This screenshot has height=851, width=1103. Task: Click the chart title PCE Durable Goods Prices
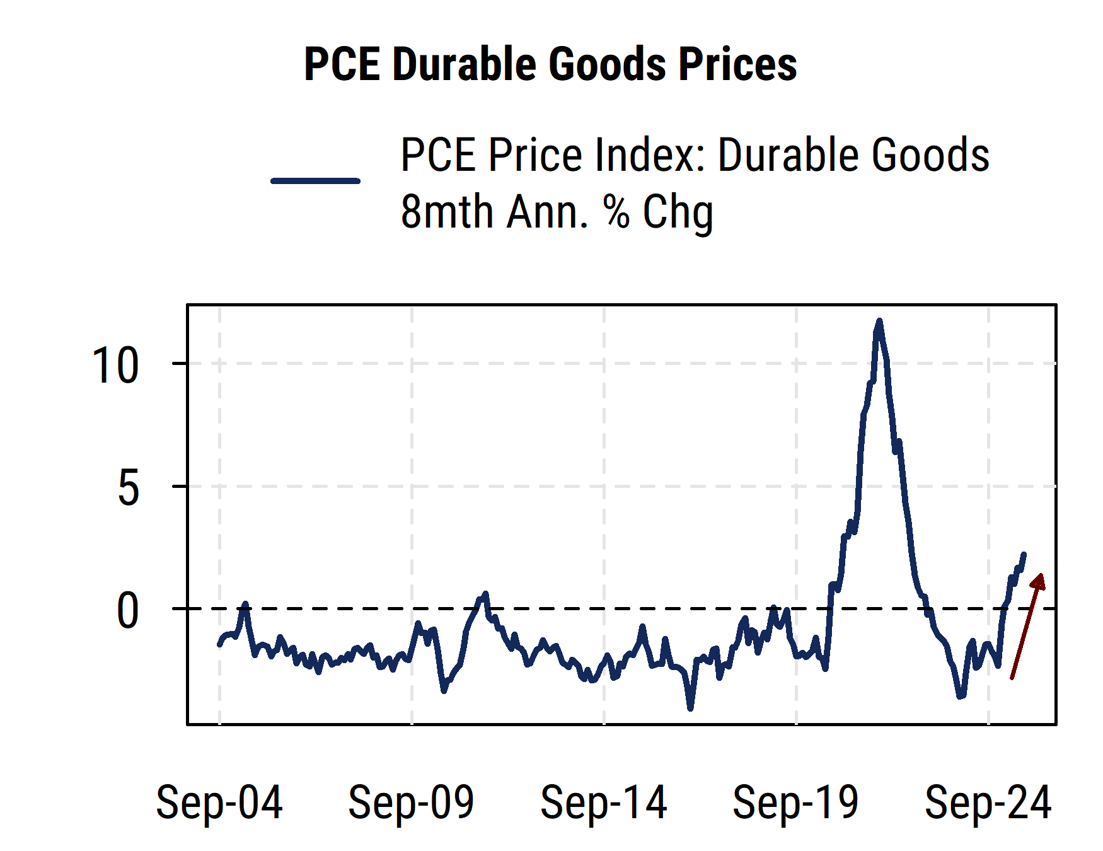point(550,64)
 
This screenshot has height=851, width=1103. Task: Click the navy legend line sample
point(315,181)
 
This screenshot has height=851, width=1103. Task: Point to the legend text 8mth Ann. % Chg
point(557,212)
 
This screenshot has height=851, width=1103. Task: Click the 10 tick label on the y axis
point(115,366)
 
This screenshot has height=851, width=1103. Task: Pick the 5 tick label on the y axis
point(128,488)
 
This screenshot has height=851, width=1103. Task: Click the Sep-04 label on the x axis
point(219,802)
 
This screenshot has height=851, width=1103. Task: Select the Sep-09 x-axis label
point(412,802)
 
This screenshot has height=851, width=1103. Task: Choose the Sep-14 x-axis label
point(604,802)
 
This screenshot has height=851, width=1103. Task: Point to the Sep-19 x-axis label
point(796,802)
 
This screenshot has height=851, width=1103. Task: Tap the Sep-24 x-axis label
point(988,802)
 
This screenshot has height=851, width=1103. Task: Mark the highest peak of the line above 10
point(879,321)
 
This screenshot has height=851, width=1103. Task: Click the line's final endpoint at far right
point(1024,555)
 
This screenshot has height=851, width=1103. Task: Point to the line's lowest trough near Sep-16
point(691,708)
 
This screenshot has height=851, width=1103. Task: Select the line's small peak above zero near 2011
point(485,594)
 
